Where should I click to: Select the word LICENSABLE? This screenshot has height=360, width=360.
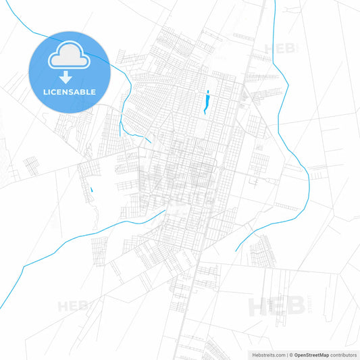[x=70, y=92]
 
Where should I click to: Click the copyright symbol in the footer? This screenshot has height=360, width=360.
[x=291, y=354]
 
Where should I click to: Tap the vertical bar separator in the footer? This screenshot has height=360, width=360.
[x=286, y=354]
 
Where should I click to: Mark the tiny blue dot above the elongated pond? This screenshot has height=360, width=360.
[x=208, y=91]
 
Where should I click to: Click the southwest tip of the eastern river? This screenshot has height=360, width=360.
[x=236, y=251]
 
